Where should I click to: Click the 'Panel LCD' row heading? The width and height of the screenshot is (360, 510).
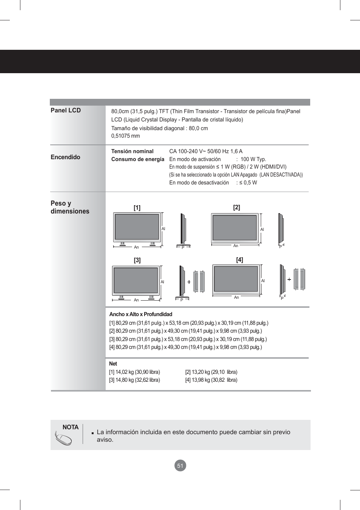click(66, 110)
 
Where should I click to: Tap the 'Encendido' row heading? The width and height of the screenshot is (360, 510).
click(65, 157)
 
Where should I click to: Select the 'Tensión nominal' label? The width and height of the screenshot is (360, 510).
click(132, 151)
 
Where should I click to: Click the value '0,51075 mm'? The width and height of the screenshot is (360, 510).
click(125, 136)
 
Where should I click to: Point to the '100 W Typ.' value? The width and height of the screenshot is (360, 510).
click(253, 159)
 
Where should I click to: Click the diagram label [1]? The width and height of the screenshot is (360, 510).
click(137, 207)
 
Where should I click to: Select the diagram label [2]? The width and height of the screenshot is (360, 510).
click(237, 207)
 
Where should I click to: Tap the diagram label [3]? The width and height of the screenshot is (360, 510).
click(137, 260)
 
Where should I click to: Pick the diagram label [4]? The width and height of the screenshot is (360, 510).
click(240, 260)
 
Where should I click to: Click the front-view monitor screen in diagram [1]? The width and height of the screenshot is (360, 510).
click(137, 227)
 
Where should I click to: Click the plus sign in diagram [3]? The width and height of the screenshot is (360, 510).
click(189, 282)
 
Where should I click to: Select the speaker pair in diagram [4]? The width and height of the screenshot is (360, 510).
click(299, 279)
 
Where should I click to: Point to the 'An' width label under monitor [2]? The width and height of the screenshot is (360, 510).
click(236, 246)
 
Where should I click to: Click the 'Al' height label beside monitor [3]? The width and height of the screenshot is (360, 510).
click(162, 282)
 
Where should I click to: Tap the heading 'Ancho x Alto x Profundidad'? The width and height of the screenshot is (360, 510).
click(140, 314)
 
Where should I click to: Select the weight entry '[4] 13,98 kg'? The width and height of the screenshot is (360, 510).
click(211, 380)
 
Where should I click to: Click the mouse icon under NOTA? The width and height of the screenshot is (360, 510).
click(63, 439)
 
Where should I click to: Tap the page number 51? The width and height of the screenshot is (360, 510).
click(180, 465)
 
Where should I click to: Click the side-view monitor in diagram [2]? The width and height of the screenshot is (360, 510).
click(281, 228)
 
